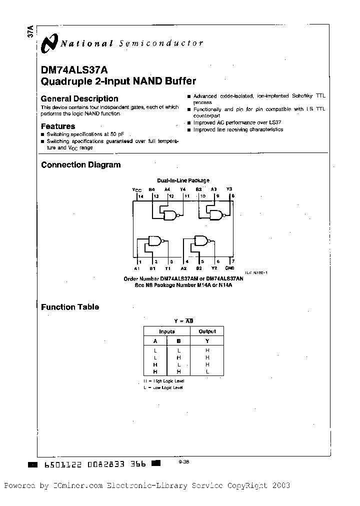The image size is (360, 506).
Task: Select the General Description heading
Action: coord(79,98)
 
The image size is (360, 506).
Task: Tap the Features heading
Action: coord(58,126)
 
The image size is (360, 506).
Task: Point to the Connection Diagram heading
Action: coord(80,164)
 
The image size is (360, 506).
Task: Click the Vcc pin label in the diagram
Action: coord(137,190)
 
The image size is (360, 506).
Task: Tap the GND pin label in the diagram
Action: coord(229,268)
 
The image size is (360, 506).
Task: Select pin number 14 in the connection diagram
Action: coord(141,196)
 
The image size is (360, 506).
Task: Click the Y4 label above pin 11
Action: coord(182,189)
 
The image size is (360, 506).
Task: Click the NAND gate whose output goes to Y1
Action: coord(154,241)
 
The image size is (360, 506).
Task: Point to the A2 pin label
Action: coord(184,268)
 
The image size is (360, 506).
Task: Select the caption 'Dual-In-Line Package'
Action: coord(183,180)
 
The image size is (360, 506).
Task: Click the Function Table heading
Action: coord(70,307)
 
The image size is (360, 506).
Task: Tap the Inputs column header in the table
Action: coord(166,331)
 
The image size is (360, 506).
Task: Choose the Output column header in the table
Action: coord(207,331)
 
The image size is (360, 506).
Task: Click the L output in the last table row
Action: coord(207,371)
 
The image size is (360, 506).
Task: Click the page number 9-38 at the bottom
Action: coord(183,462)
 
